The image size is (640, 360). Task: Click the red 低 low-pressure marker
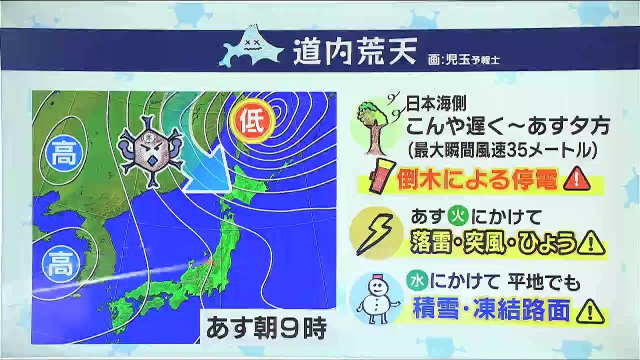coord(253,123)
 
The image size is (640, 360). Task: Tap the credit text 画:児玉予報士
coord(463,60)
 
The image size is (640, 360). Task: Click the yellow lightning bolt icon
coord(375,233)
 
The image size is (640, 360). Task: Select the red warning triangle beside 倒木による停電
coord(576,178)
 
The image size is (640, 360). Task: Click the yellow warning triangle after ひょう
coord(591,243)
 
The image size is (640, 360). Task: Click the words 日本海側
coord(436,103)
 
